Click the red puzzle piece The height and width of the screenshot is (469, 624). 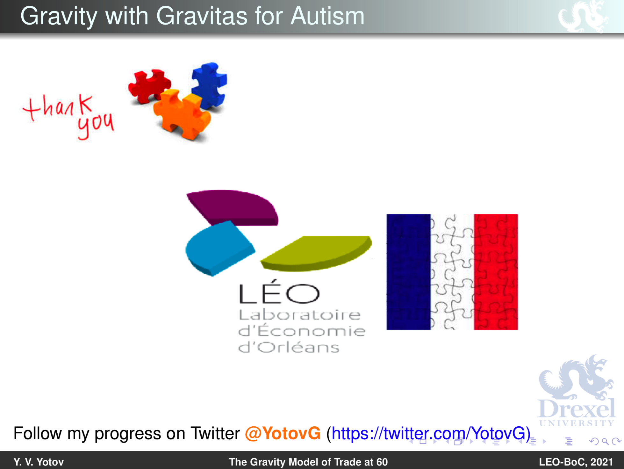[x=149, y=85]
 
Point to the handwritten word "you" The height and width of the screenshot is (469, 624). [x=96, y=125]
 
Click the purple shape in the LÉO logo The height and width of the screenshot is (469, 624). [x=233, y=207]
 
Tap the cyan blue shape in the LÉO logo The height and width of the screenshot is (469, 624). [x=220, y=248]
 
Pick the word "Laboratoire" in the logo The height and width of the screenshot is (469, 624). [x=300, y=315]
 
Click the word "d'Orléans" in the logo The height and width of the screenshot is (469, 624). [x=289, y=347]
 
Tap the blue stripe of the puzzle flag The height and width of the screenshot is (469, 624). [x=409, y=272]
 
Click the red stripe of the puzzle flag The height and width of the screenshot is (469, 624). [x=496, y=272]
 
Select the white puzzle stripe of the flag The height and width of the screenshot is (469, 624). [x=452, y=272]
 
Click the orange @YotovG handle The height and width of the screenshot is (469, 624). [x=283, y=433]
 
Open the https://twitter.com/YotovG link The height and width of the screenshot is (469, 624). [x=431, y=434]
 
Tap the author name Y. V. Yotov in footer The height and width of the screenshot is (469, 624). [x=39, y=462]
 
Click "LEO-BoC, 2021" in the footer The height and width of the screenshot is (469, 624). [x=576, y=462]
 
